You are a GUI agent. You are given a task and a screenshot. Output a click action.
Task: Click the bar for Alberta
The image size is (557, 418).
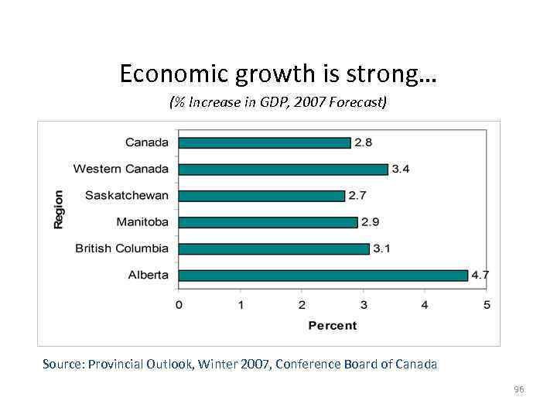pyautogui.click(x=323, y=275)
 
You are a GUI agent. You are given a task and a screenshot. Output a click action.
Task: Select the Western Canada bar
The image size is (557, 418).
pyautogui.click(x=283, y=169)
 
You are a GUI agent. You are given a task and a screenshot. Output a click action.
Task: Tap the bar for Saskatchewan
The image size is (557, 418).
pyautogui.click(x=261, y=196)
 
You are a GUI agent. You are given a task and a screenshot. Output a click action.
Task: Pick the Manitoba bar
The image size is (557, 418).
pyautogui.click(x=268, y=222)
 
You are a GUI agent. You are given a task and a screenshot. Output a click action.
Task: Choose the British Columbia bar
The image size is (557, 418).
pyautogui.click(x=274, y=248)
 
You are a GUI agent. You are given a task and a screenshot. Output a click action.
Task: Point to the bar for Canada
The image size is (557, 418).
pyautogui.click(x=265, y=142)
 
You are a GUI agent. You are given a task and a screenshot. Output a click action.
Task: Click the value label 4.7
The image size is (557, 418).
pyautogui.click(x=480, y=275)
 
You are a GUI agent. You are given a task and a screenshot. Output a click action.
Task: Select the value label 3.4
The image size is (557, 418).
pyautogui.click(x=401, y=169)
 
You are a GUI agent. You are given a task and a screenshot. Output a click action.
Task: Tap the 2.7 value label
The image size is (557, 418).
pyautogui.click(x=357, y=196)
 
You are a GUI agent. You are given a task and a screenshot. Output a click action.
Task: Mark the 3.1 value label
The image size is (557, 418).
pyautogui.click(x=382, y=248)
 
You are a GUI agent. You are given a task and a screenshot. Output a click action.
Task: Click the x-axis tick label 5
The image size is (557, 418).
pyautogui.click(x=487, y=305)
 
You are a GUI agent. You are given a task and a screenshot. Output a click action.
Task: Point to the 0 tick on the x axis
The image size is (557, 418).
pyautogui.click(x=179, y=305)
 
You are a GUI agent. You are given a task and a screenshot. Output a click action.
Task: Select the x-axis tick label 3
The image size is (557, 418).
pyautogui.click(x=364, y=305)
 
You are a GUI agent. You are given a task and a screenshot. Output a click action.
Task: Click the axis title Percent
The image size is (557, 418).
pyautogui.click(x=333, y=325)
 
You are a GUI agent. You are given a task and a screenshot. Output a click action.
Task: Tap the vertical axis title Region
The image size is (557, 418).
pyautogui.click(x=59, y=209)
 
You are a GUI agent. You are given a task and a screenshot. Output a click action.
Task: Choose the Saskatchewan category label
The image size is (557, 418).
pyautogui.click(x=126, y=196)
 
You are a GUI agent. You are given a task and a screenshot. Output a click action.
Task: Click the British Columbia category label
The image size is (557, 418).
pyautogui.click(x=121, y=248)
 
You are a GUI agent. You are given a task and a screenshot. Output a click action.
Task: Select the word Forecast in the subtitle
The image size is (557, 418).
pyautogui.click(x=353, y=102)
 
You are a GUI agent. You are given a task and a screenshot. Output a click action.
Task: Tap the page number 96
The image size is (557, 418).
pyautogui.click(x=518, y=389)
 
